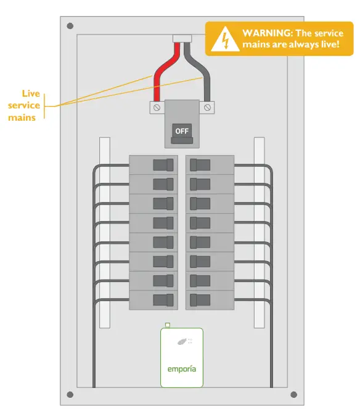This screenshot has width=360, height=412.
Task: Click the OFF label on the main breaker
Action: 182,131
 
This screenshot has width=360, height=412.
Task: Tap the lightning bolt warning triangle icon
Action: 224,39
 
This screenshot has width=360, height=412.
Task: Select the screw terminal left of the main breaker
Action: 157,108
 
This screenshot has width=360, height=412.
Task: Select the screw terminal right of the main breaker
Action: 208,108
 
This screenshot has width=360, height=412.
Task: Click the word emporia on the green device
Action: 181,370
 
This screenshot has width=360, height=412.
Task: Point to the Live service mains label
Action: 27,105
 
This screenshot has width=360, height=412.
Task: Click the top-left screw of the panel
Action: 70,26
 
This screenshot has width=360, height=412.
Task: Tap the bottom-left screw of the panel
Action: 70,395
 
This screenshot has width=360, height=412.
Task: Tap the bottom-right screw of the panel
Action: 293,395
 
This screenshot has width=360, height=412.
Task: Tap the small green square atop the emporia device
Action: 168,325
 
